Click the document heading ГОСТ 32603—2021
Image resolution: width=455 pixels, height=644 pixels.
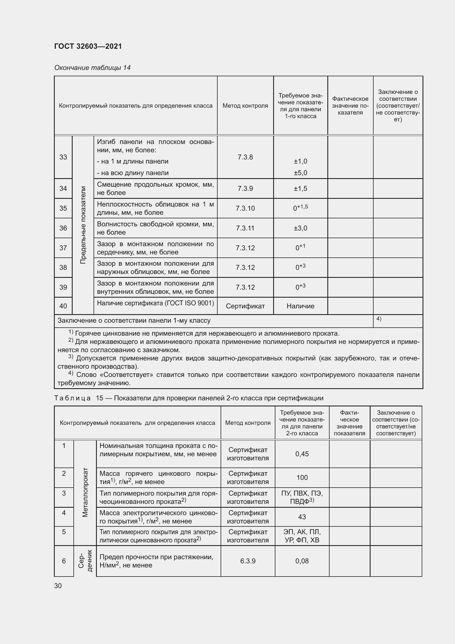pyautogui.click(x=88, y=46)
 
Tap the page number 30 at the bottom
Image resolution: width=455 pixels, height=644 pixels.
pyautogui.click(x=58, y=586)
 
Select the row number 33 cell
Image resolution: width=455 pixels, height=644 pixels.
pyautogui.click(x=63, y=157)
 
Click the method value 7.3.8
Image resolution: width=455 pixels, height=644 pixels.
pyautogui.click(x=245, y=157)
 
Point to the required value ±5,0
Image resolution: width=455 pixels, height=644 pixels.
pyautogui.click(x=300, y=173)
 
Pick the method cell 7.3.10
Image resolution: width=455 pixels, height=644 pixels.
pyautogui.click(x=245, y=208)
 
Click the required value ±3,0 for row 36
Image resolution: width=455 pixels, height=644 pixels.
pyautogui.click(x=300, y=228)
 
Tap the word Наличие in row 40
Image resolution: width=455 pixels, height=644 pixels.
pyautogui.click(x=300, y=306)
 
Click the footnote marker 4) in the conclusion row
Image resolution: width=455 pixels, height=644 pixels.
pyautogui.click(x=379, y=319)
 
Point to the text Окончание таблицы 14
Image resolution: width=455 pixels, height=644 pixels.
pyautogui.click(x=92, y=68)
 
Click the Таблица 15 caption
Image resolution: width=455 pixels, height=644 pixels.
pyautogui.click(x=188, y=398)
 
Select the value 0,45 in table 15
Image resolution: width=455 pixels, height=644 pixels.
pyautogui.click(x=302, y=454)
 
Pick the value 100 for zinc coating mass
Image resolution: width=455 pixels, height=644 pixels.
pyautogui.click(x=302, y=477)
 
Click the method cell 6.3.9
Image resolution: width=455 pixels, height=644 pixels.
pyautogui.click(x=248, y=561)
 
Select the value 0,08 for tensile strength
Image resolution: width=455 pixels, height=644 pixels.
pyautogui.click(x=302, y=561)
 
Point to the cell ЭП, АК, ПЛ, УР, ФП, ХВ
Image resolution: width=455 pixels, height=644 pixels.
pyautogui.click(x=302, y=536)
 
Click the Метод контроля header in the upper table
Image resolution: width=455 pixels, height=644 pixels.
pyautogui.click(x=245, y=106)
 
